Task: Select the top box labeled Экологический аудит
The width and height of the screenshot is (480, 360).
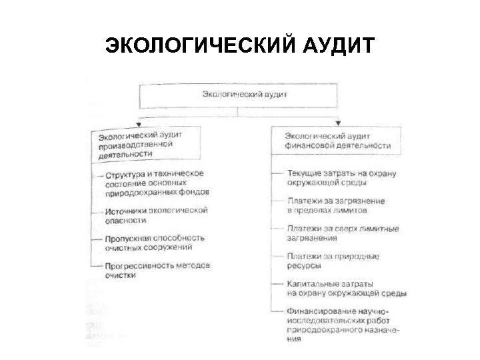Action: (x=245, y=95)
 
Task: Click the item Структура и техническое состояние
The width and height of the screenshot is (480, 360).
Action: (x=157, y=182)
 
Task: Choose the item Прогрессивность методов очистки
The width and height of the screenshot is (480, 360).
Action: (x=157, y=269)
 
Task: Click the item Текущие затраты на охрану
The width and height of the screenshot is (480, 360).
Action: (x=341, y=178)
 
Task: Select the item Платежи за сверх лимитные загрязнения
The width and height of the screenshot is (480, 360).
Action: (x=342, y=233)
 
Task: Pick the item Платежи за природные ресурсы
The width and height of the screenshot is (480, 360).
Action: (x=333, y=260)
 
